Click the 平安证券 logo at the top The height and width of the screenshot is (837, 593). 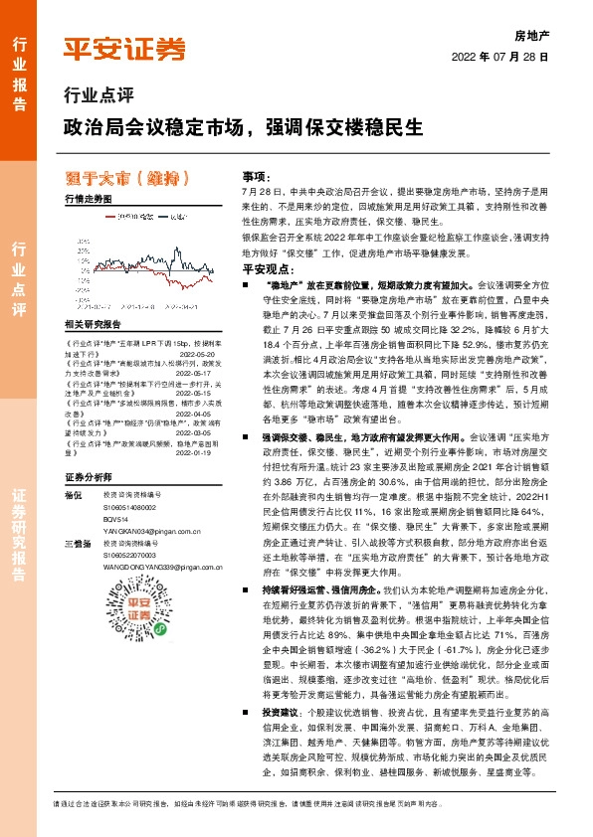click(125, 49)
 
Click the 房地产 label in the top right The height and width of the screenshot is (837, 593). click(531, 33)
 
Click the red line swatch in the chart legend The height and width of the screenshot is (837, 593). click(98, 214)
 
